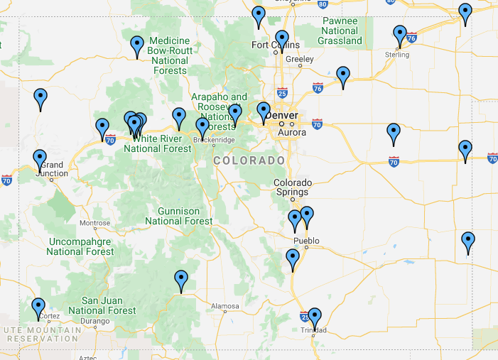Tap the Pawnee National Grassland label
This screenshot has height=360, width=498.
(340, 31)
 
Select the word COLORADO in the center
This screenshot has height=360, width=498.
(249, 161)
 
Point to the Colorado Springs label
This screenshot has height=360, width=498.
(291, 187)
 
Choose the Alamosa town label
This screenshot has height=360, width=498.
(225, 307)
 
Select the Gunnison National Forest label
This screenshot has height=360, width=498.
(178, 216)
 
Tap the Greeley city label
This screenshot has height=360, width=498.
(294, 60)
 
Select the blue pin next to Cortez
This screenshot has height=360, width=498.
(38, 307)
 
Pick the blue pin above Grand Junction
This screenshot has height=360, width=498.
(40, 159)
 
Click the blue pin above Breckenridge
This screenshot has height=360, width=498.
(202, 127)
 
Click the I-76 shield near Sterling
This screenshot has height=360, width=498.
(411, 36)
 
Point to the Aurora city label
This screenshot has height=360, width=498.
(292, 133)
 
